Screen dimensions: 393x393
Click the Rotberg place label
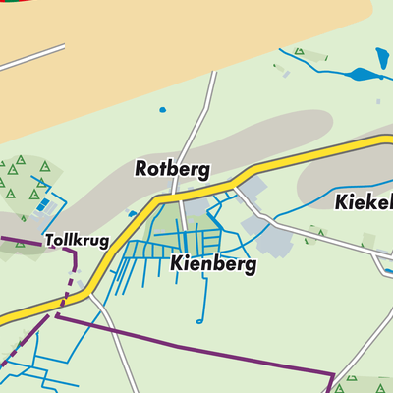click(172, 169)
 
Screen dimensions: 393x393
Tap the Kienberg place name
click(212, 264)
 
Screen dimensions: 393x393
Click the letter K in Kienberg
click(177, 264)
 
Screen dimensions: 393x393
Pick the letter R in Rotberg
click(141, 169)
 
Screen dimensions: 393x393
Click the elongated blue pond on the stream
click(361, 73)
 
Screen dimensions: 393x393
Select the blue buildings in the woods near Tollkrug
click(43, 205)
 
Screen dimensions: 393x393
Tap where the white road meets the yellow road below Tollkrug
click(91, 291)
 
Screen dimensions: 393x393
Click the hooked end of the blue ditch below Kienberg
click(199, 320)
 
